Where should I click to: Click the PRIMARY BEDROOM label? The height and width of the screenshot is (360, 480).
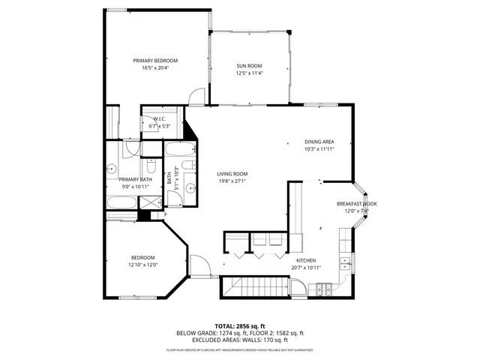(155, 61)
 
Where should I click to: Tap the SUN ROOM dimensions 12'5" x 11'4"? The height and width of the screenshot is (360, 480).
(250, 73)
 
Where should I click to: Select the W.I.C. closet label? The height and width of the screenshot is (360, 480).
(160, 119)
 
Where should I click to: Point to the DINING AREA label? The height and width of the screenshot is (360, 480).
(319, 142)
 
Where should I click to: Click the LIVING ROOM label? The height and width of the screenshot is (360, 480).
(233, 174)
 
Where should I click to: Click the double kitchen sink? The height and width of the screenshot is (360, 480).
(346, 262)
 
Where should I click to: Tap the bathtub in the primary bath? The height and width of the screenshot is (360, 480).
(122, 202)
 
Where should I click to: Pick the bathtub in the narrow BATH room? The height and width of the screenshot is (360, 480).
(178, 148)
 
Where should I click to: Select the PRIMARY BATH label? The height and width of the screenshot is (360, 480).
(135, 180)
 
